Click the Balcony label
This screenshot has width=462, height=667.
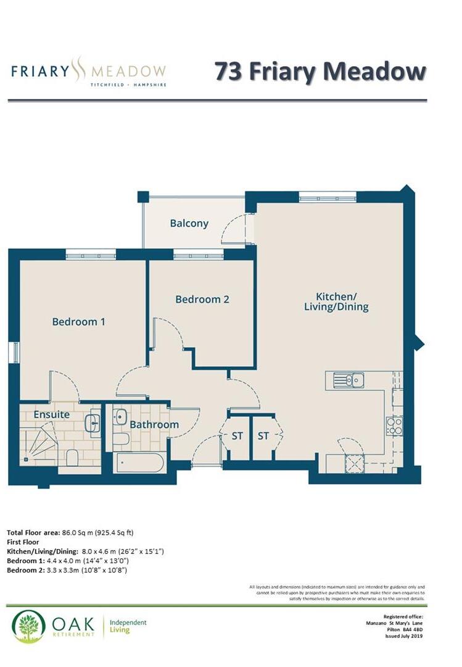[189, 224]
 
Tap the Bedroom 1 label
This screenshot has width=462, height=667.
[78, 322]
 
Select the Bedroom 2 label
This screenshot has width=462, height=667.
[202, 300]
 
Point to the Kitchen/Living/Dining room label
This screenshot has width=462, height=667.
[336, 301]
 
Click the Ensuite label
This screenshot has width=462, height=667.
[52, 414]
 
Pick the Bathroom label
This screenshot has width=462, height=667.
[154, 425]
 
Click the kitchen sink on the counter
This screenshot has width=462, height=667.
[349, 380]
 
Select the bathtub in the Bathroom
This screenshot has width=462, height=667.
[139, 463]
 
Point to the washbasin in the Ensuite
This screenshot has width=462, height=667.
[94, 423]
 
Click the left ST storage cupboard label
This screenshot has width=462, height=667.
[237, 436]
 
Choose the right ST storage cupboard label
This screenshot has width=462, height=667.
[264, 436]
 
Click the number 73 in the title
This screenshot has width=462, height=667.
[230, 71]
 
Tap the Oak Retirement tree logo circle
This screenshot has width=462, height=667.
[28, 626]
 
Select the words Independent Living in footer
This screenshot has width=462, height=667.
[128, 626]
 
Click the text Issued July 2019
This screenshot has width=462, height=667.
[404, 636]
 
